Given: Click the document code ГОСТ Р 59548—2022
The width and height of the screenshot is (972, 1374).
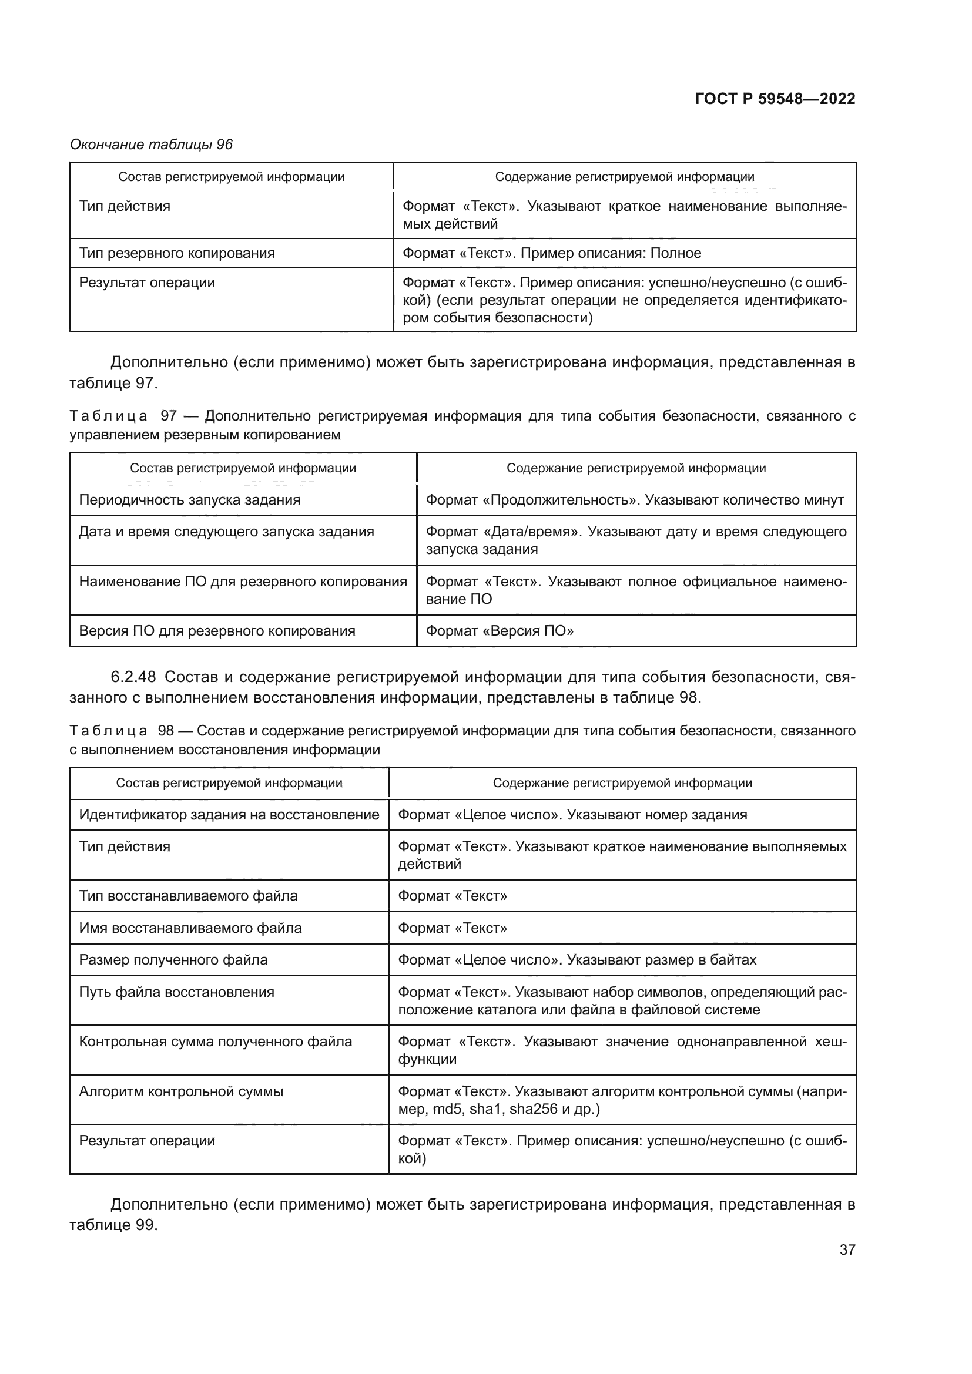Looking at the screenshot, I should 775,99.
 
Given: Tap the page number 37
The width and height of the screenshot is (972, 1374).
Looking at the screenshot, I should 847,1249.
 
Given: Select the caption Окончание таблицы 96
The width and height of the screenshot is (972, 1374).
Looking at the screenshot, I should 151,145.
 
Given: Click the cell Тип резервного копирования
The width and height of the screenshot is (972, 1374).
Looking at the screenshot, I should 177,253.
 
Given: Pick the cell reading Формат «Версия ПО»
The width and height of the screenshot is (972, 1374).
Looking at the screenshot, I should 499,631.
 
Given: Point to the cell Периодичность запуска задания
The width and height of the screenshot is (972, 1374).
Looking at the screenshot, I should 190,500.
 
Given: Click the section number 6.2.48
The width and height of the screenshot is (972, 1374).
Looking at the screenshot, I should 133,677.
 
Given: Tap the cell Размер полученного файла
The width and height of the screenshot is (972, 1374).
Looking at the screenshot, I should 173,960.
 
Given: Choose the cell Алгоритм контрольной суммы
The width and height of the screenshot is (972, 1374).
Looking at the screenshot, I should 182,1091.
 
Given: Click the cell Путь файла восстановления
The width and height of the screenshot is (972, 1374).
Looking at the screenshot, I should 176,992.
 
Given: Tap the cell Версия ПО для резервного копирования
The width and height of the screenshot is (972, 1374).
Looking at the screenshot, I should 217,631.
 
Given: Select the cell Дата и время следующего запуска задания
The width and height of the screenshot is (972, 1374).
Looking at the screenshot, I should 226,532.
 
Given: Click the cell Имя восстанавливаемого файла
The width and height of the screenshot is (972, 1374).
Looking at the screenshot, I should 190,928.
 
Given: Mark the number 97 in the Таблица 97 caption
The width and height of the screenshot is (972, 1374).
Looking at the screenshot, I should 168,416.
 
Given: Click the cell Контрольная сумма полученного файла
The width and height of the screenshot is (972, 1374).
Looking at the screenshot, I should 216,1042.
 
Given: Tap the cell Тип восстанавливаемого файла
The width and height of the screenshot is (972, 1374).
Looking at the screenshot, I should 188,896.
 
